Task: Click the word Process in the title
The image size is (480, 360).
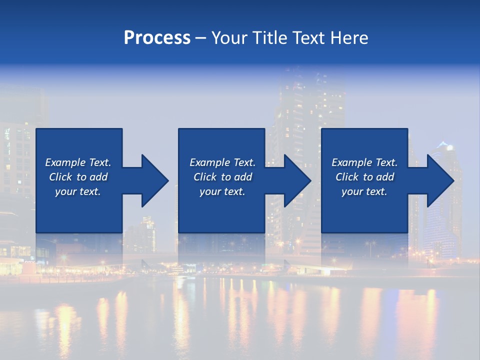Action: pyautogui.click(x=157, y=38)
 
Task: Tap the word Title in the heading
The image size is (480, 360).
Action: pyautogui.click(x=268, y=38)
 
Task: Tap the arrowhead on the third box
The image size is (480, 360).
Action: pyautogui.click(x=440, y=180)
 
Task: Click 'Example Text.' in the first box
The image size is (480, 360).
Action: pyautogui.click(x=78, y=162)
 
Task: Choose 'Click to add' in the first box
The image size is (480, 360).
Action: pyautogui.click(x=78, y=177)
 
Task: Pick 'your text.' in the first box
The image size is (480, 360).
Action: pyautogui.click(x=78, y=191)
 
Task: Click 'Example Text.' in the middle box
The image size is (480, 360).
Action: pyautogui.click(x=222, y=162)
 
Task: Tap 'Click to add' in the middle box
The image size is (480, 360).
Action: pyautogui.click(x=222, y=177)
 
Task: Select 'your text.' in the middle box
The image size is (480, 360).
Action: pyautogui.click(x=222, y=191)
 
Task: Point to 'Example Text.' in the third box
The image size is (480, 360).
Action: pyautogui.click(x=364, y=162)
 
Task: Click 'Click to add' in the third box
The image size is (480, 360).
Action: pyautogui.click(x=364, y=177)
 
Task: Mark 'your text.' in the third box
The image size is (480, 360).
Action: pyautogui.click(x=364, y=191)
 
